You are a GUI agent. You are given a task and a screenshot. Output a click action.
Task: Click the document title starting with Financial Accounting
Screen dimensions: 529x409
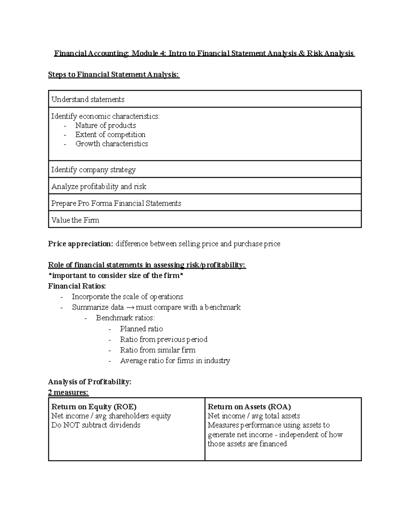coord(204,53)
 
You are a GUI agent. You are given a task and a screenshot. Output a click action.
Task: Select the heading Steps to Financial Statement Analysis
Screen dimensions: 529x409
coord(113,75)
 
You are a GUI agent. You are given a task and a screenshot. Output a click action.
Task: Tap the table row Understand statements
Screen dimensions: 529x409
coord(88,99)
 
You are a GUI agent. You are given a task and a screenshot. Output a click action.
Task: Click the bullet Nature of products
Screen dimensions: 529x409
coord(106,125)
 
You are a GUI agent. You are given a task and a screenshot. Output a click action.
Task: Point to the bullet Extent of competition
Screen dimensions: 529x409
coord(110,135)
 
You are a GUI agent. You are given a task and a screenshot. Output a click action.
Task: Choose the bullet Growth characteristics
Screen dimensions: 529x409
coord(112,144)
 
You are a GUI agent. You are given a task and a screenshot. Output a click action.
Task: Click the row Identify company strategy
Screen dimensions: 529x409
coord(93,170)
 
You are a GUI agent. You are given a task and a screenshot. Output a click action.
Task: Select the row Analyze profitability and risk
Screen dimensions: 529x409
coord(99,187)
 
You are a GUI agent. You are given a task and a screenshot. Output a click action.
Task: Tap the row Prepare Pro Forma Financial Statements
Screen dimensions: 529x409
coord(116,203)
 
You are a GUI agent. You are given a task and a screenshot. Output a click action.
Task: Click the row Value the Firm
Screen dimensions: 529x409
coord(75,220)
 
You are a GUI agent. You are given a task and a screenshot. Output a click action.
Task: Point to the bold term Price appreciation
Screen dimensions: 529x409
coord(80,244)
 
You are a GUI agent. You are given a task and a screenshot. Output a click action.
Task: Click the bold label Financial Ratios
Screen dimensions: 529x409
coord(77,286)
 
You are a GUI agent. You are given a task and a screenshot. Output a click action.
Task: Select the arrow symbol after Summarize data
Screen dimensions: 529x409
coord(130,308)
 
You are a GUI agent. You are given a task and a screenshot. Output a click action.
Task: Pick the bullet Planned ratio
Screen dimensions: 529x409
coord(141,329)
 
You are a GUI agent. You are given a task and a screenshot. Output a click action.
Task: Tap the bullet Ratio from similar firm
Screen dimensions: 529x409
coord(158,350)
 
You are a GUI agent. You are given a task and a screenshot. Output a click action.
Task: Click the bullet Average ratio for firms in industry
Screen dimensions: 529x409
coord(175,360)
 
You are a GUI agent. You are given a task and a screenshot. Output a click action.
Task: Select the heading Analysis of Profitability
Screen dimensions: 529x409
coord(90,382)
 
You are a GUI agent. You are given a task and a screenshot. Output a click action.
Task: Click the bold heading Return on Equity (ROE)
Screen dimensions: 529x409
coord(94,407)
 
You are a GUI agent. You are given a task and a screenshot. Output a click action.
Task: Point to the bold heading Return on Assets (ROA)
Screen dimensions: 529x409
coord(249,407)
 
